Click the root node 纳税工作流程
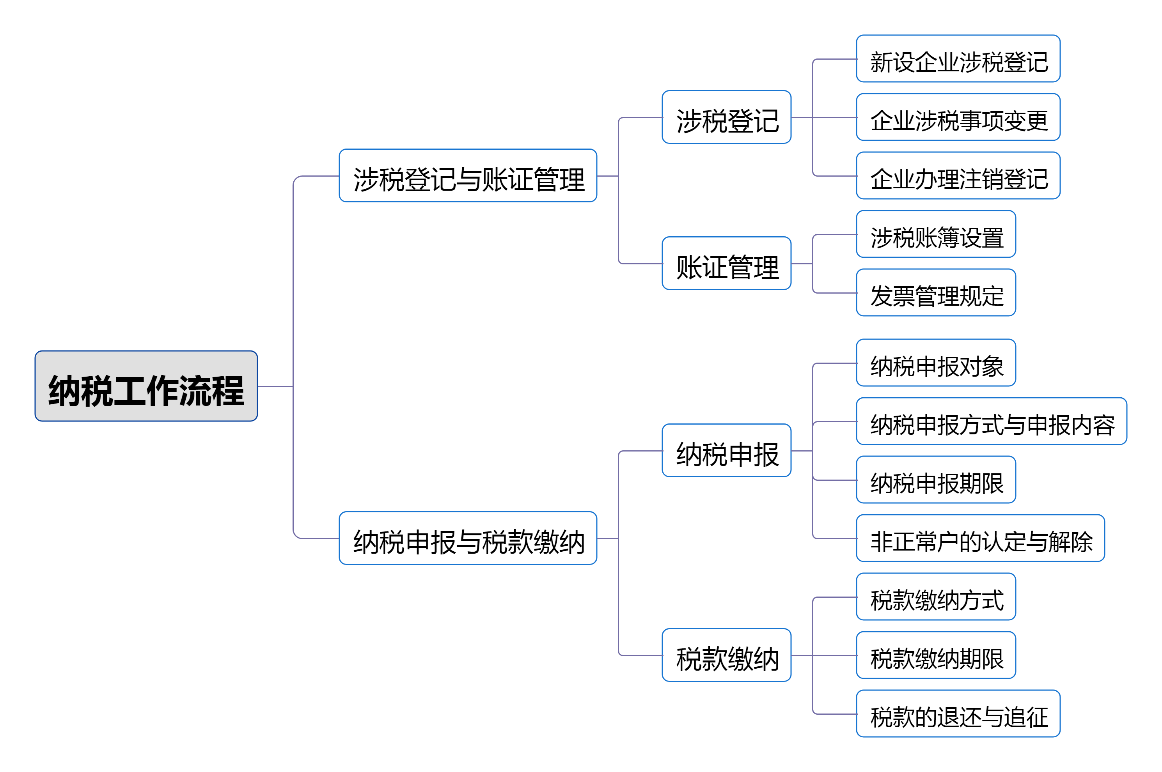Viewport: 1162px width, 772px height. point(146,386)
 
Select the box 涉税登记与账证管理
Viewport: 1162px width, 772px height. point(468,176)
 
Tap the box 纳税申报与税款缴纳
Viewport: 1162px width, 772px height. point(468,538)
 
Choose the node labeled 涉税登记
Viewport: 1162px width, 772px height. point(727,117)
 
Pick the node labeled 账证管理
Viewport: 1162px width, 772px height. point(727,264)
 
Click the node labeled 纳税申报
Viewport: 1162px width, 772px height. point(727,450)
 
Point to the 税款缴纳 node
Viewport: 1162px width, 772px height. point(727,655)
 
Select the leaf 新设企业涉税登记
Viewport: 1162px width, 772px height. point(958,58)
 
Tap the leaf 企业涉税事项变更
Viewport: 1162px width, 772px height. point(958,117)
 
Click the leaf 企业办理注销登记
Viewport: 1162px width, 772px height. point(958,176)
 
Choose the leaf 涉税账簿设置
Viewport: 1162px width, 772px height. point(936,234)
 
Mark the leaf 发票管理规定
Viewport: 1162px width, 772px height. point(936,293)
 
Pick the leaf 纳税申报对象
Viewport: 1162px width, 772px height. point(936,363)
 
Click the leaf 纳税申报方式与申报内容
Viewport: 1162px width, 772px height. point(992,421)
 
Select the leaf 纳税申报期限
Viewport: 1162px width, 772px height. point(936,480)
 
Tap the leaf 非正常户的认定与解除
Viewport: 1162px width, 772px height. point(980,538)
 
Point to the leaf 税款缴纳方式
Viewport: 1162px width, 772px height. point(936,597)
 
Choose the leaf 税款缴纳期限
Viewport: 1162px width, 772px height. point(936,655)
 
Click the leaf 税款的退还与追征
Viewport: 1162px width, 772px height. point(958,714)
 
